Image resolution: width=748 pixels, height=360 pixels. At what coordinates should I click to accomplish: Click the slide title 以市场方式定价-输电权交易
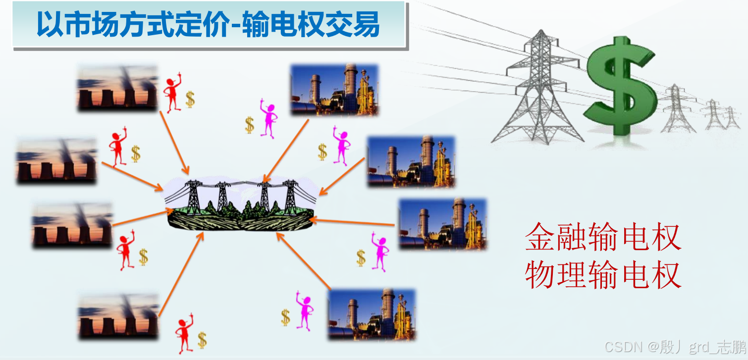point(208,25)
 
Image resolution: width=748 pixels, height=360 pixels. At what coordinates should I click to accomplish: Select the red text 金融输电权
point(603,237)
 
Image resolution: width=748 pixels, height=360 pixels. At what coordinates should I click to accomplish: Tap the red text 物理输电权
point(603,275)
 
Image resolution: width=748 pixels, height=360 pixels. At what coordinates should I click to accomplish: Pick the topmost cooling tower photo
point(117,88)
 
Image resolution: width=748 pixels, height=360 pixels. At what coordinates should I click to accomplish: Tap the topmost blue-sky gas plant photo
point(334,90)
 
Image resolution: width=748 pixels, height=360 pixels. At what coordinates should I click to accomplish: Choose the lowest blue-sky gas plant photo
point(372,314)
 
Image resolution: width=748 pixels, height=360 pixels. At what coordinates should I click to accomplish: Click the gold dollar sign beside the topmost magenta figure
point(250,124)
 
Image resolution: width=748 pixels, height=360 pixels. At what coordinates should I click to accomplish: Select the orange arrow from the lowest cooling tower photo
point(181,275)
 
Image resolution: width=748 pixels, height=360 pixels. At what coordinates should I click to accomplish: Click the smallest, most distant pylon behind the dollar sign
point(730,118)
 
